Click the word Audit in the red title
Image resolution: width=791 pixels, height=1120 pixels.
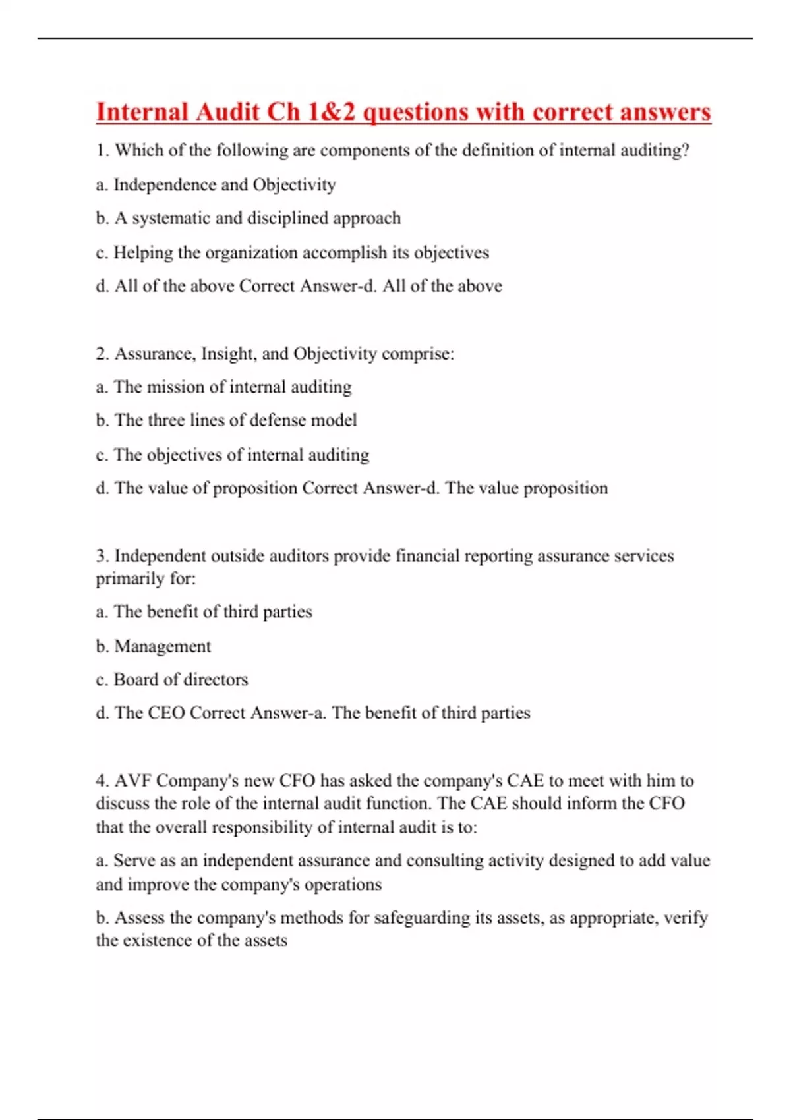(227, 112)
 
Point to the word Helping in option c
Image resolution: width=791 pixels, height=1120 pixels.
(143, 252)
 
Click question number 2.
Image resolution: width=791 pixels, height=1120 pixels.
(102, 354)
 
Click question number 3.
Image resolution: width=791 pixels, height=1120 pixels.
(102, 556)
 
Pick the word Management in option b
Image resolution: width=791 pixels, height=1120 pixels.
(163, 646)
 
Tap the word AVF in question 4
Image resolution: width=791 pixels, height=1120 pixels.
(133, 781)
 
